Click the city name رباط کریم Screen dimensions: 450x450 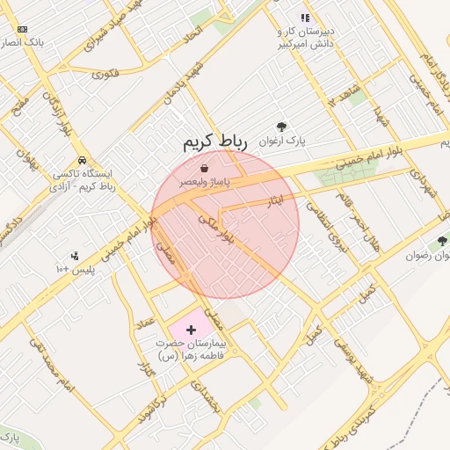point(216,142)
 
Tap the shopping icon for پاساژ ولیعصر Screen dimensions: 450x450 point(204,167)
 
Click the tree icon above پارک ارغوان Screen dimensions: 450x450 point(281,127)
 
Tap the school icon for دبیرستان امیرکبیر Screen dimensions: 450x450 point(305,18)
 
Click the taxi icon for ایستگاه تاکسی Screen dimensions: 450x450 point(81,161)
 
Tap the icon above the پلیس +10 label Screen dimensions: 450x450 point(75,255)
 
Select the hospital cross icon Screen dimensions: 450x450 point(192,329)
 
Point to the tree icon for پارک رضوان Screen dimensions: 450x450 point(441,241)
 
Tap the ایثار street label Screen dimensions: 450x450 point(276,201)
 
